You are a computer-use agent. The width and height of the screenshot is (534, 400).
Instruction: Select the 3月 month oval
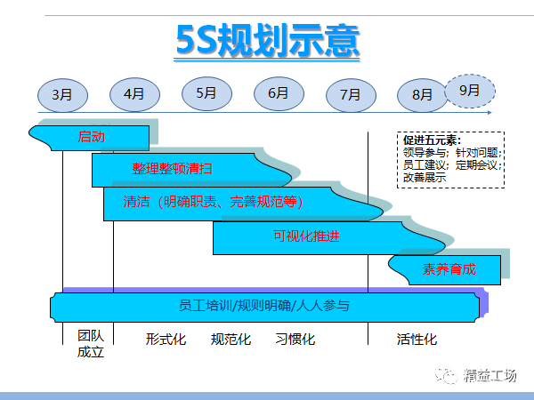pyautogui.click(x=62, y=94)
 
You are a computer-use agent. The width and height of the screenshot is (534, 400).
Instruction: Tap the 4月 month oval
pyautogui.click(x=134, y=94)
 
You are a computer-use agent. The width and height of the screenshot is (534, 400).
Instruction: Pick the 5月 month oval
pyautogui.click(x=206, y=92)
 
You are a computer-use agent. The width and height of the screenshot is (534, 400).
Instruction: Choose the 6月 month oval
pyautogui.click(x=278, y=92)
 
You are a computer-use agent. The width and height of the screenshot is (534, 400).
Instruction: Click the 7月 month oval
pyautogui.click(x=350, y=94)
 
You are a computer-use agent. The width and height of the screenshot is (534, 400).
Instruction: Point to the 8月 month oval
pyautogui.click(x=422, y=94)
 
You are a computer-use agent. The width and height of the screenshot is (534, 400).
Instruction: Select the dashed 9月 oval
pyautogui.click(x=469, y=91)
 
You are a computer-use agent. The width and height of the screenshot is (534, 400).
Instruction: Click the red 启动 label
pyautogui.click(x=92, y=136)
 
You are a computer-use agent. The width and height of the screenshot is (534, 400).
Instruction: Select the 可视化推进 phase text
pyautogui.click(x=306, y=236)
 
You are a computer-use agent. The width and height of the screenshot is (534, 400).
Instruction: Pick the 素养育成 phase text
pyautogui.click(x=449, y=269)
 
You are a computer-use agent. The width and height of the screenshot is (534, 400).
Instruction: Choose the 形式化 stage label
pyautogui.click(x=166, y=340)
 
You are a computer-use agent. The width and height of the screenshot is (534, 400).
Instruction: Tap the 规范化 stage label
pyautogui.click(x=231, y=340)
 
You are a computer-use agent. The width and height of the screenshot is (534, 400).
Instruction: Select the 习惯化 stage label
pyautogui.click(x=295, y=340)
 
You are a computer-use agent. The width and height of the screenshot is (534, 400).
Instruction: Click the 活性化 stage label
pyautogui.click(x=417, y=340)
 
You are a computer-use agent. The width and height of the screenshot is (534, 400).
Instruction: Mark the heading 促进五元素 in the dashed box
pyautogui.click(x=431, y=140)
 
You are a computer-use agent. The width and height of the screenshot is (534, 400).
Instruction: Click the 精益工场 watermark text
pyautogui.click(x=489, y=376)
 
